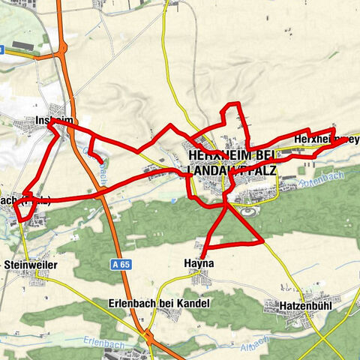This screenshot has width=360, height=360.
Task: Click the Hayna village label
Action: click(199, 263)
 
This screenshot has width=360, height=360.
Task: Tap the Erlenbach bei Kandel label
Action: click(168, 303)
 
